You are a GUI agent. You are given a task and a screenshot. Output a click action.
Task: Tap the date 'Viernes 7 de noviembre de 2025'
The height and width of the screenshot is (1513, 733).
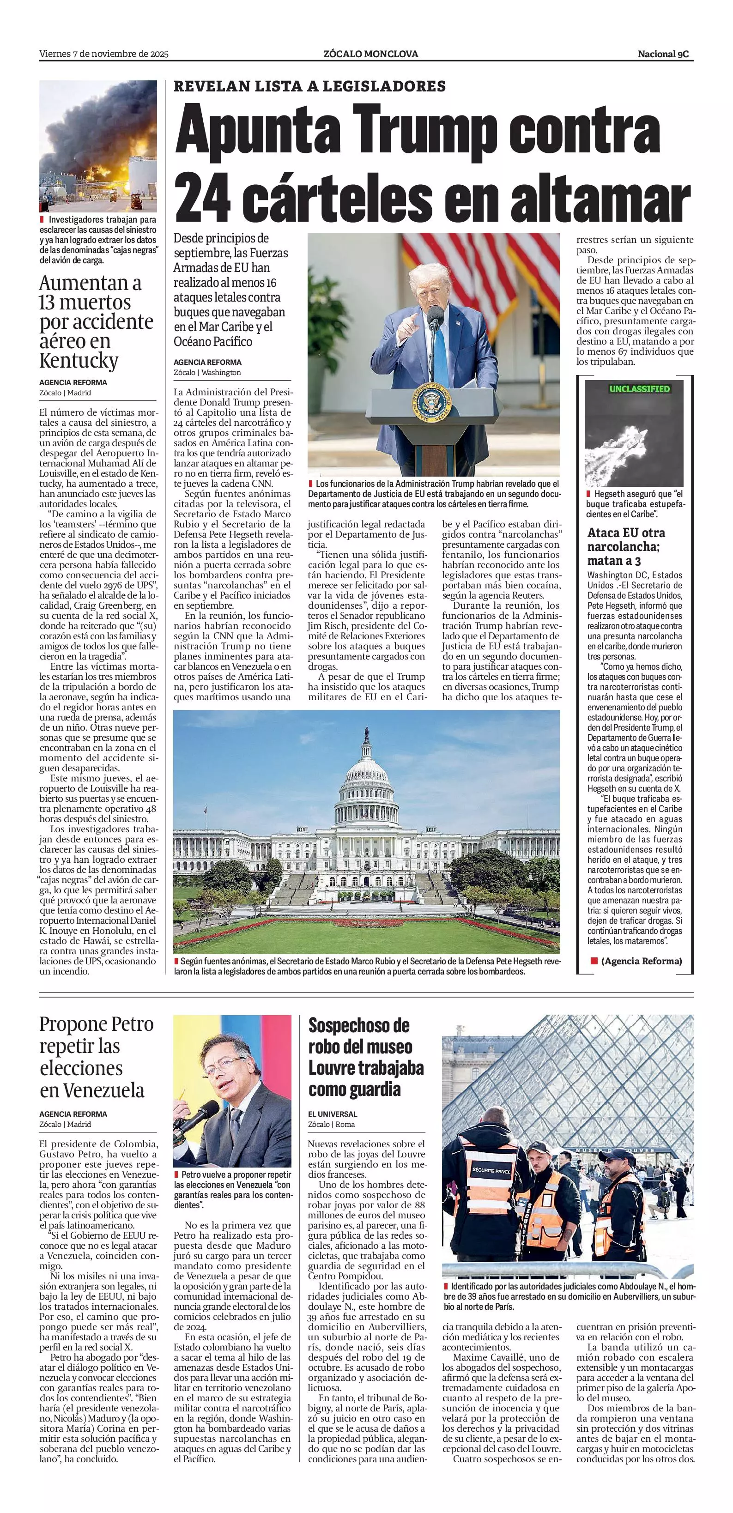[x=104, y=54]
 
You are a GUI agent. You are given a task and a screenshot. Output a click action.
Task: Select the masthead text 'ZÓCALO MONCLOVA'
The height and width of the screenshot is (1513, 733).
[x=370, y=54]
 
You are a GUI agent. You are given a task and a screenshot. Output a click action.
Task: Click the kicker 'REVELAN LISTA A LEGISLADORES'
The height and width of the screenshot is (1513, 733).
[x=309, y=86]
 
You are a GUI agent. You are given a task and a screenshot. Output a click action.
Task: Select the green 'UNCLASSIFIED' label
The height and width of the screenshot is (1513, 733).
[x=639, y=389]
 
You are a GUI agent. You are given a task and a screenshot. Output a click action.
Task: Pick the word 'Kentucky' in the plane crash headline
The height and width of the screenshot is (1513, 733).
[x=79, y=360]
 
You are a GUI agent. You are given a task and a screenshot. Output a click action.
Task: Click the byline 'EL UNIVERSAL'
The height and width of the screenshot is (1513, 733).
[x=333, y=1114]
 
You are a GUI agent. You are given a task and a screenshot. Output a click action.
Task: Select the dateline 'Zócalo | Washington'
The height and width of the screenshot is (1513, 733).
[x=207, y=372]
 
